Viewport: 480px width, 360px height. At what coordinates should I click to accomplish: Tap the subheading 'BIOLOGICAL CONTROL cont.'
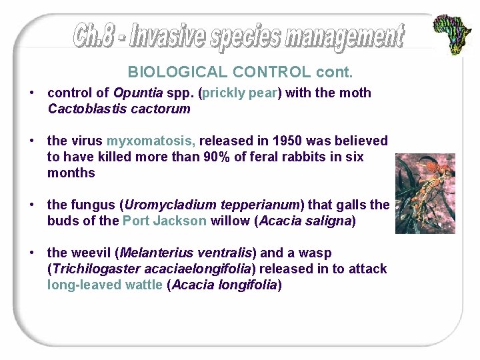[x=240, y=72]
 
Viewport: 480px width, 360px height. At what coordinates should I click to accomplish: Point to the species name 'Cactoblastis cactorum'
[x=119, y=109]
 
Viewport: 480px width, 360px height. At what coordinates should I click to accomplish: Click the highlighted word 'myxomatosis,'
[x=151, y=141]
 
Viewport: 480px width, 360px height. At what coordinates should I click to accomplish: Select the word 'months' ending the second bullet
[x=71, y=173]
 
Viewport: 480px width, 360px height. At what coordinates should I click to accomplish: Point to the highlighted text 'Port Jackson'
[x=165, y=221]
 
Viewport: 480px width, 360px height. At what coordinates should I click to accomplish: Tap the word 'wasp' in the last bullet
[x=317, y=253]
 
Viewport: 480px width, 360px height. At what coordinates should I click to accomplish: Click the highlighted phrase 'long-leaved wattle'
[x=105, y=285]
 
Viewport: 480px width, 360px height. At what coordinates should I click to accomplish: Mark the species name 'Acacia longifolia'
[x=224, y=285]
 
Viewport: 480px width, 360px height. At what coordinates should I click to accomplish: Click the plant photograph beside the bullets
[x=425, y=193]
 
